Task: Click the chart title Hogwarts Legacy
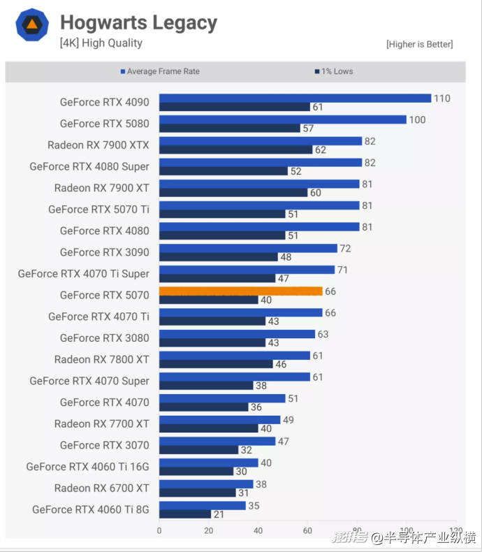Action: tap(138, 22)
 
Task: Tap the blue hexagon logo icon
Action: tap(32, 25)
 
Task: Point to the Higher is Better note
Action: tap(419, 44)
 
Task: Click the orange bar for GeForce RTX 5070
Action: tap(241, 291)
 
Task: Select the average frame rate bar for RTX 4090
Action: tap(295, 98)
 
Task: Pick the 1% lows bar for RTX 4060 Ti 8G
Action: tap(185, 514)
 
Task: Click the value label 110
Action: tap(441, 99)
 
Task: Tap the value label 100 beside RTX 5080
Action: tap(417, 119)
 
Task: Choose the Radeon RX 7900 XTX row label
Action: tap(98, 145)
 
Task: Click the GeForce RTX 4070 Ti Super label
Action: tap(84, 273)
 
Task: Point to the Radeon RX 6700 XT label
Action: tap(102, 488)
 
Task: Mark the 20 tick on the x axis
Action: tap(209, 530)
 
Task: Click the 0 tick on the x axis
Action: tap(159, 530)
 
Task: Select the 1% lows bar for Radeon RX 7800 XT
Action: tap(216, 364)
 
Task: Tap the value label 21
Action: tap(218, 514)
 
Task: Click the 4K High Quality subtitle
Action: tap(101, 43)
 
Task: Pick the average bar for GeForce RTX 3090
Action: tap(248, 248)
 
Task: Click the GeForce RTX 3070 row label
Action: tap(105, 445)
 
